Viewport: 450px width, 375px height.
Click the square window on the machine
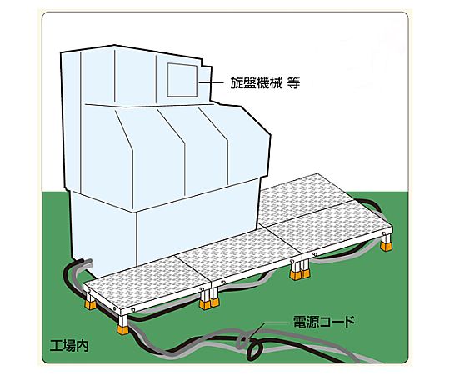click(182, 80)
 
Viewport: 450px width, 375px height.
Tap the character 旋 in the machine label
click(237, 82)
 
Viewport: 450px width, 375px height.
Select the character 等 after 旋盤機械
click(293, 82)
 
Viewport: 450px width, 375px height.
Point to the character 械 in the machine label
click(275, 82)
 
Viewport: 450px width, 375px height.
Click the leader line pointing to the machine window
click(212, 83)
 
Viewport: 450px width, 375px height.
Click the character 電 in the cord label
click(300, 322)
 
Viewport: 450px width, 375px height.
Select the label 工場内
click(69, 346)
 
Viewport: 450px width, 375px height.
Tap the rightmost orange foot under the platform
click(386, 246)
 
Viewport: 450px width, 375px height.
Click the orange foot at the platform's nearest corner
click(123, 329)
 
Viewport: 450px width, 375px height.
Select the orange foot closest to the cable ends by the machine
click(90, 304)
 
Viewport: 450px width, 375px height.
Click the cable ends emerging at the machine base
click(85, 262)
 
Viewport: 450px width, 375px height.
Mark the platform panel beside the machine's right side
click(307, 201)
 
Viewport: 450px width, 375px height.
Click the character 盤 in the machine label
click(249, 82)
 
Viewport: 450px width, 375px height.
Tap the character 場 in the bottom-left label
click(69, 346)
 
